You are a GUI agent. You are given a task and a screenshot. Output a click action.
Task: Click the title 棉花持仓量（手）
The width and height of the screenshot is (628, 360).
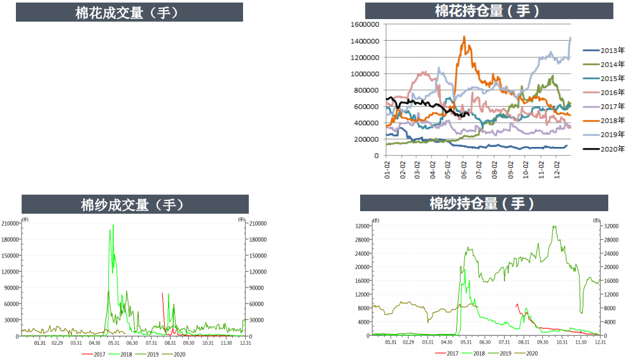point(489,11)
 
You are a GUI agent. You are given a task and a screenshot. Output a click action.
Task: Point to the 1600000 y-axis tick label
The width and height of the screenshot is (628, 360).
point(365,24)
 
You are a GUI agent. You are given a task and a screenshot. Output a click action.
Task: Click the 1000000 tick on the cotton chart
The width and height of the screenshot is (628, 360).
point(365,74)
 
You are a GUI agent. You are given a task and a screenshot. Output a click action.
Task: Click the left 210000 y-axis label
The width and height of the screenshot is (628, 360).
point(11,224)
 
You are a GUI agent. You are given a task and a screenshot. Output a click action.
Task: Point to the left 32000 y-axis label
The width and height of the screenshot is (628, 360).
point(363,226)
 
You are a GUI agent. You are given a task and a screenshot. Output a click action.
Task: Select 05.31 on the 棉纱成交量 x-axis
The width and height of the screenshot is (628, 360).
point(114,343)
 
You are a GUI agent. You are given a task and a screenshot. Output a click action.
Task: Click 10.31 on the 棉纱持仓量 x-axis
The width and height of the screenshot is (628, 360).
point(562,342)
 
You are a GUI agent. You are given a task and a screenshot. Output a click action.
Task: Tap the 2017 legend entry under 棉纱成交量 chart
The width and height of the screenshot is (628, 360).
point(96,354)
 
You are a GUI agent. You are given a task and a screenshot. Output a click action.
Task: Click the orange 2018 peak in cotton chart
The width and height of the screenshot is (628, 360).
point(464,37)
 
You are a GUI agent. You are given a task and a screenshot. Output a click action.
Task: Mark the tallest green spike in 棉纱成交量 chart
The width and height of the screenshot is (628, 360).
point(113,225)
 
